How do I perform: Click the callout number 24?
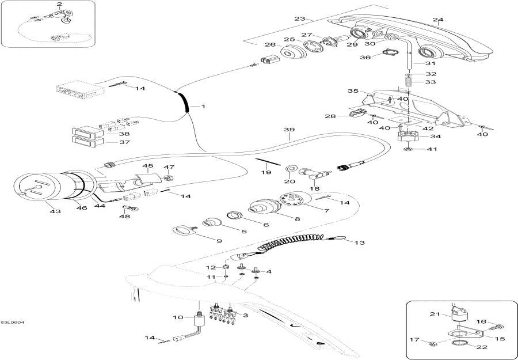pyautogui.click(x=438, y=20)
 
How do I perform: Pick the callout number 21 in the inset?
pyautogui.click(x=434, y=314)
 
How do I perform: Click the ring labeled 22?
pyautogui.click(x=458, y=344)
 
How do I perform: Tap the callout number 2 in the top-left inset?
pyautogui.click(x=59, y=5)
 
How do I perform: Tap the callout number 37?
pyautogui.click(x=124, y=142)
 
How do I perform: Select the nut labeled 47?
pyautogui.click(x=169, y=177)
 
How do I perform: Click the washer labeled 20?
pyautogui.click(x=292, y=168)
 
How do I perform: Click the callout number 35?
pyautogui.click(x=353, y=91)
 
